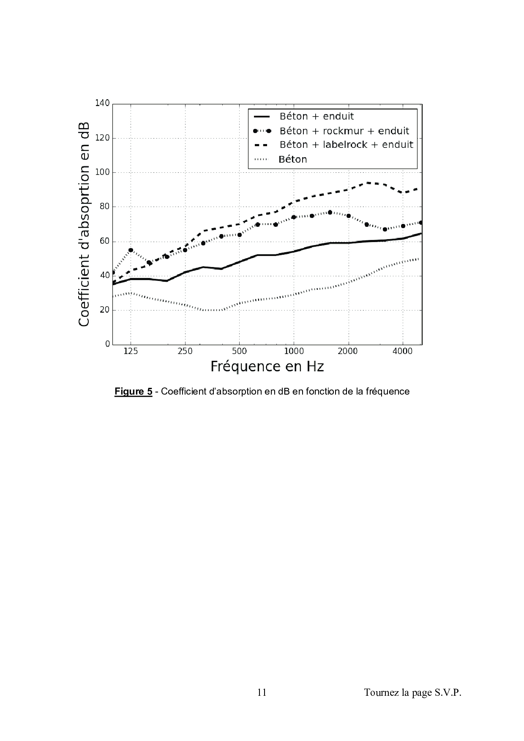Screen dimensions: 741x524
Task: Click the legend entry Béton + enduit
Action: tap(317, 117)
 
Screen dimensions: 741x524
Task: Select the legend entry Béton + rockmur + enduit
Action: tap(344, 131)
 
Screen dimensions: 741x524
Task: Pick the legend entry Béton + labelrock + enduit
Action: tap(346, 145)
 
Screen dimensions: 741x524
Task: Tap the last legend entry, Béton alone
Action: tap(293, 160)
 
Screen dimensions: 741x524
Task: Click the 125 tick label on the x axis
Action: tap(131, 351)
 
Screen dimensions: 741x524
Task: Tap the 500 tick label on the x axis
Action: tap(239, 351)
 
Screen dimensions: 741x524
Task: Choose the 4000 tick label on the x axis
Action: tap(403, 351)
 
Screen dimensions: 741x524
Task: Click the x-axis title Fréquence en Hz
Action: tap(267, 366)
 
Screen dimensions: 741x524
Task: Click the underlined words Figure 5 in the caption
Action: tap(133, 392)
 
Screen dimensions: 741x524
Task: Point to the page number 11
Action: tap(262, 692)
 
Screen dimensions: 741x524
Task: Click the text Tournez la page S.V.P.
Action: tap(412, 692)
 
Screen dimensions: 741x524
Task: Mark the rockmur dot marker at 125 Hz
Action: tap(131, 250)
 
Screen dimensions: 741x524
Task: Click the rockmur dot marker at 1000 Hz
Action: tap(294, 217)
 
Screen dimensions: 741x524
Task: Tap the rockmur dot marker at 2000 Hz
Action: tap(348, 216)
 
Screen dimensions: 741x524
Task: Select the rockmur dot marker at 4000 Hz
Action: tap(403, 226)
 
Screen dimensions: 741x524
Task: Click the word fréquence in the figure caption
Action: tap(389, 392)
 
